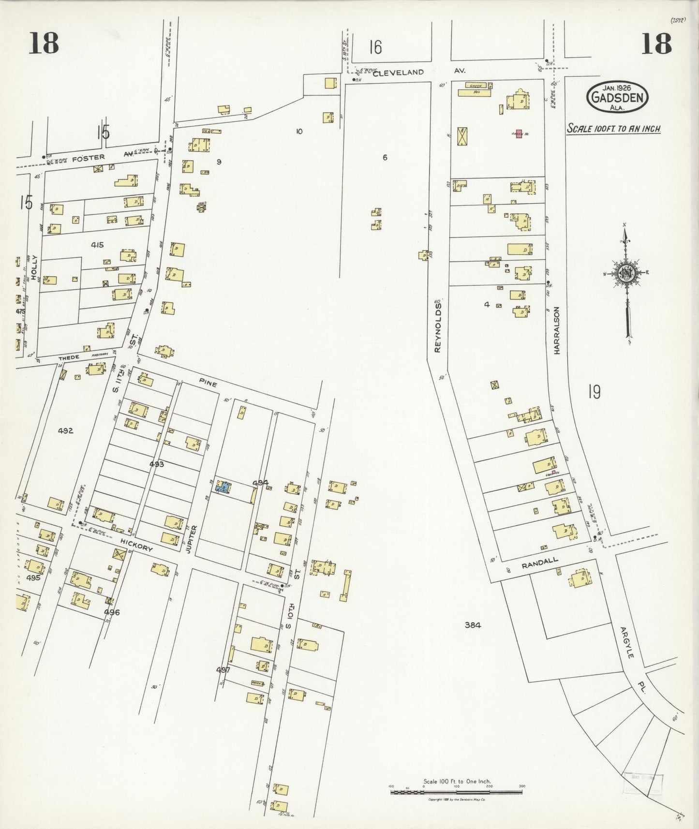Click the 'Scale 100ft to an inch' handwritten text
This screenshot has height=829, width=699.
[614, 129]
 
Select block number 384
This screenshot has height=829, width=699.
[473, 625]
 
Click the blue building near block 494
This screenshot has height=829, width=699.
[223, 487]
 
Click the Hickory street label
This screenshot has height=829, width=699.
[137, 546]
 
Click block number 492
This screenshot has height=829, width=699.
[65, 430]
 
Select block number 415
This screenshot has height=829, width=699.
[97, 245]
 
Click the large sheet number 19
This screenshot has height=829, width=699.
[594, 391]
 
